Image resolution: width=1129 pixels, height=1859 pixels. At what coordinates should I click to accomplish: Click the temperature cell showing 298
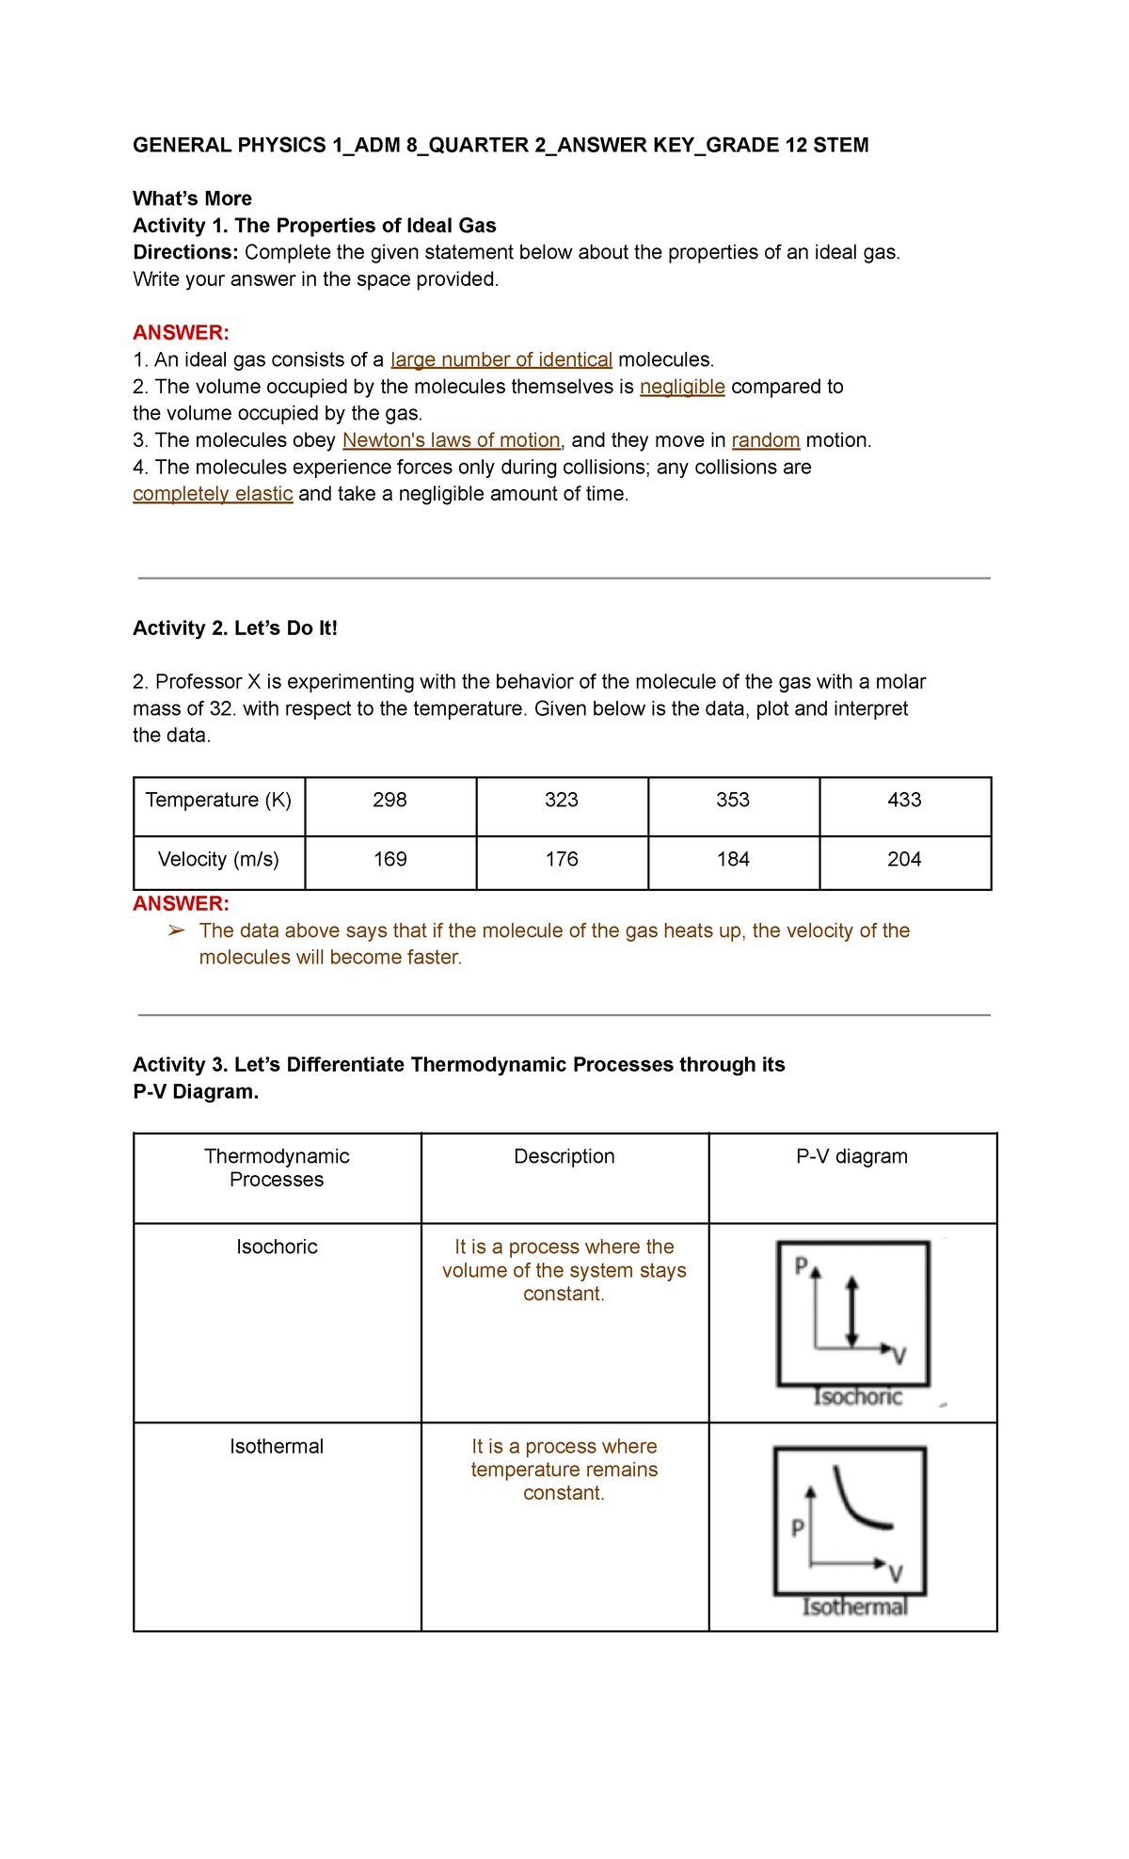point(390,801)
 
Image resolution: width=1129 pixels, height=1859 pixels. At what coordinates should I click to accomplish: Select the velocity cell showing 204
point(904,860)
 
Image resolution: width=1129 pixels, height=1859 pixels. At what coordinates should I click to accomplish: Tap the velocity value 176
point(562,860)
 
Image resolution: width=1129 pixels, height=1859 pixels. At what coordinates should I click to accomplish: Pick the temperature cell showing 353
point(733,801)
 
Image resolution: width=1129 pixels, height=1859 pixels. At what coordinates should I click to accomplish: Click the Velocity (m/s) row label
point(218,860)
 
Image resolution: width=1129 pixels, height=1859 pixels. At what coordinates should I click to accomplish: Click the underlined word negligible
point(682,388)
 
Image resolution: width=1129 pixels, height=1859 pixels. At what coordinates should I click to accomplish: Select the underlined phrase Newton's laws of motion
point(452,441)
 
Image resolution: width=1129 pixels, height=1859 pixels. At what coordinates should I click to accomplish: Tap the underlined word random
point(766,441)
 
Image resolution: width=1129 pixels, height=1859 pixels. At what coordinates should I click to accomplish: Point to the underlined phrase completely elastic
point(213,495)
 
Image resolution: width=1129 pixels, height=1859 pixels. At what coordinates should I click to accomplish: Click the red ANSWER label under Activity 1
point(181,333)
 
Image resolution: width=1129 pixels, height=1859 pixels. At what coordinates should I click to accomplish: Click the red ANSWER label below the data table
point(181,904)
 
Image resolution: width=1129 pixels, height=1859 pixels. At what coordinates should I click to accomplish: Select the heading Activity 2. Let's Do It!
point(235,628)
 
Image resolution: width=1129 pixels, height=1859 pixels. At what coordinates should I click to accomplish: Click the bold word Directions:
point(185,253)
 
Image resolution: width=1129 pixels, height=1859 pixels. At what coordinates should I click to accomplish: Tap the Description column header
point(564,1157)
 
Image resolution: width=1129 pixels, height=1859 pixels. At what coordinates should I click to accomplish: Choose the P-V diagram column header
point(851,1157)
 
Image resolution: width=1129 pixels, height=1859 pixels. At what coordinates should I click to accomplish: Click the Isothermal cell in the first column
point(277,1447)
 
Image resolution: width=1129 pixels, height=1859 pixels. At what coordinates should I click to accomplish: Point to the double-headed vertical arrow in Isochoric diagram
point(852,1311)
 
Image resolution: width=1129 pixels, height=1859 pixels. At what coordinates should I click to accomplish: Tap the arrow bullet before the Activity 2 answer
point(176,931)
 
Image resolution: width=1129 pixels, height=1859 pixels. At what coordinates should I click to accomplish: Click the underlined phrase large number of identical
point(501,360)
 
